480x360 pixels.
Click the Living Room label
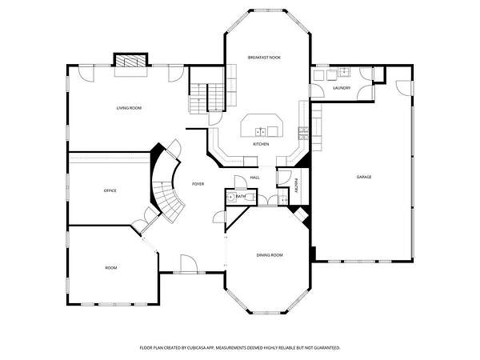pyautogui.click(x=129, y=108)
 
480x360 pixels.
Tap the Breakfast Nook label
pyautogui.click(x=264, y=58)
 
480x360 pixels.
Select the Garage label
pyautogui.click(x=364, y=177)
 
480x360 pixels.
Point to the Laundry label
pyautogui.click(x=342, y=88)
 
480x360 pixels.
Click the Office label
pyautogui.click(x=110, y=190)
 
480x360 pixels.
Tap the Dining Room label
pyautogui.click(x=270, y=255)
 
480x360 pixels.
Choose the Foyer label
pyautogui.click(x=198, y=184)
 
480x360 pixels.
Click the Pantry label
pyautogui.click(x=296, y=186)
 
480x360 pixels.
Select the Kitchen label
pyautogui.click(x=261, y=144)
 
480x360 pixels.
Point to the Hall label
pyautogui.click(x=254, y=178)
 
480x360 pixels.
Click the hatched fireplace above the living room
pyautogui.click(x=130, y=61)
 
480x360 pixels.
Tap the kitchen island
pyautogui.click(x=262, y=126)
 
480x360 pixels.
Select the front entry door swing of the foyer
pyautogui.click(x=189, y=262)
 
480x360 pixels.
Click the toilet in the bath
pyautogui.click(x=250, y=198)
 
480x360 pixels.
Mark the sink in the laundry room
pyautogui.click(x=344, y=73)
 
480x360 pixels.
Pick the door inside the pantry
pyautogui.click(x=284, y=178)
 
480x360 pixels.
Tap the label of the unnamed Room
pyautogui.click(x=111, y=268)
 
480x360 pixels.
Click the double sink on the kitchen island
pyautogui.click(x=261, y=132)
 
